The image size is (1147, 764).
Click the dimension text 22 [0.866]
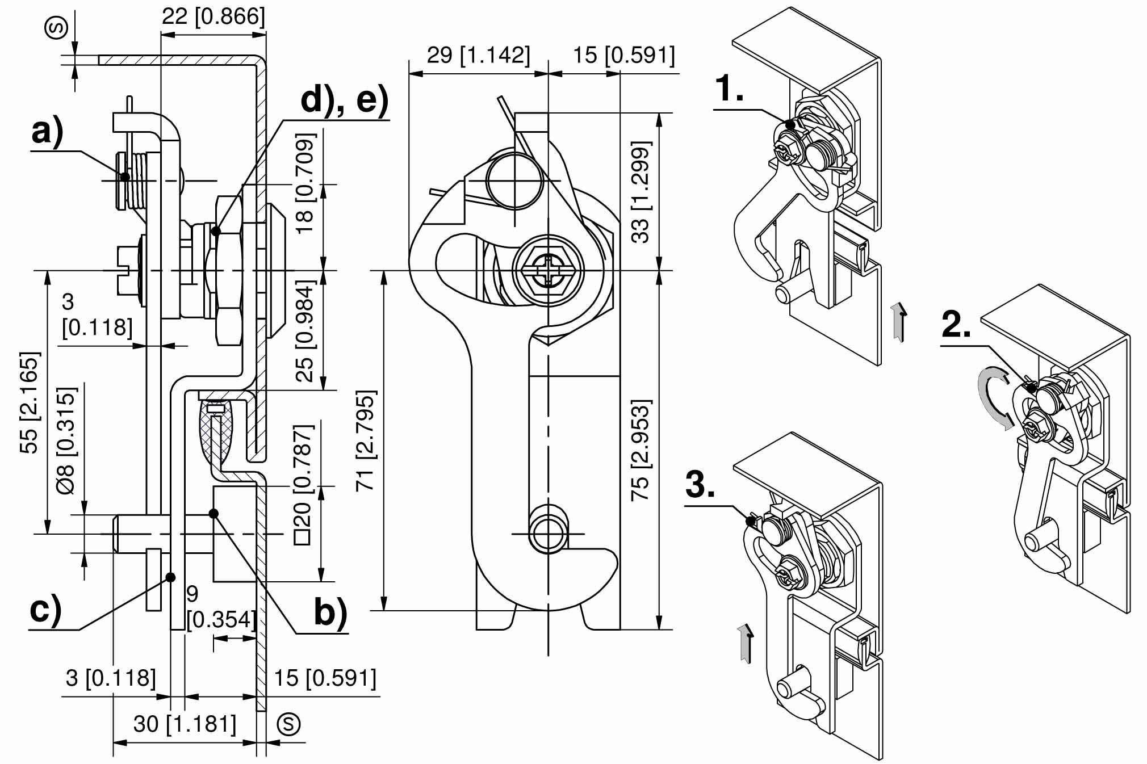pyautogui.click(x=213, y=16)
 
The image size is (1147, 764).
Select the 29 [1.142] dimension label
pyautogui.click(x=478, y=56)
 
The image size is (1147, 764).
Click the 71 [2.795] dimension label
pyautogui.click(x=366, y=440)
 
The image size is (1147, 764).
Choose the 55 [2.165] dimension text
pyautogui.click(x=30, y=402)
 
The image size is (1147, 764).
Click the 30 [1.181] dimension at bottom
pyautogui.click(x=185, y=724)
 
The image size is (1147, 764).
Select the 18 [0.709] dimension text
pyautogui.click(x=305, y=183)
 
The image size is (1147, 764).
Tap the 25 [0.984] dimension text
pyautogui.click(x=305, y=330)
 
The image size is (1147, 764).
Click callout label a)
pyautogui.click(x=48, y=132)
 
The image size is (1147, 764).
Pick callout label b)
pyautogui.click(x=330, y=613)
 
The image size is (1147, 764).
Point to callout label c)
pyautogui.click(x=45, y=610)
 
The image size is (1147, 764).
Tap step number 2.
pyautogui.click(x=956, y=325)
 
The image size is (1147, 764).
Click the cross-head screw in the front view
pyautogui.click(x=548, y=270)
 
